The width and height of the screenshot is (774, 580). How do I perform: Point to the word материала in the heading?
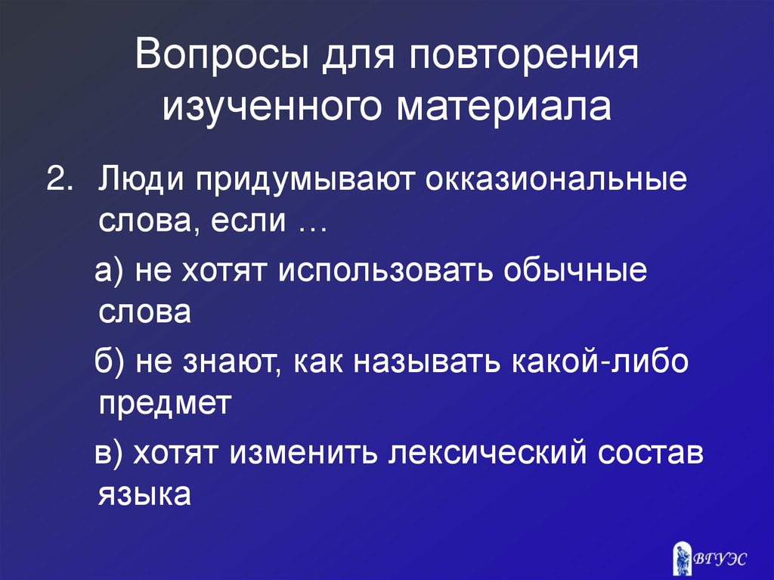503,107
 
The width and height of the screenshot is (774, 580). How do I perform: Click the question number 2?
57,181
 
